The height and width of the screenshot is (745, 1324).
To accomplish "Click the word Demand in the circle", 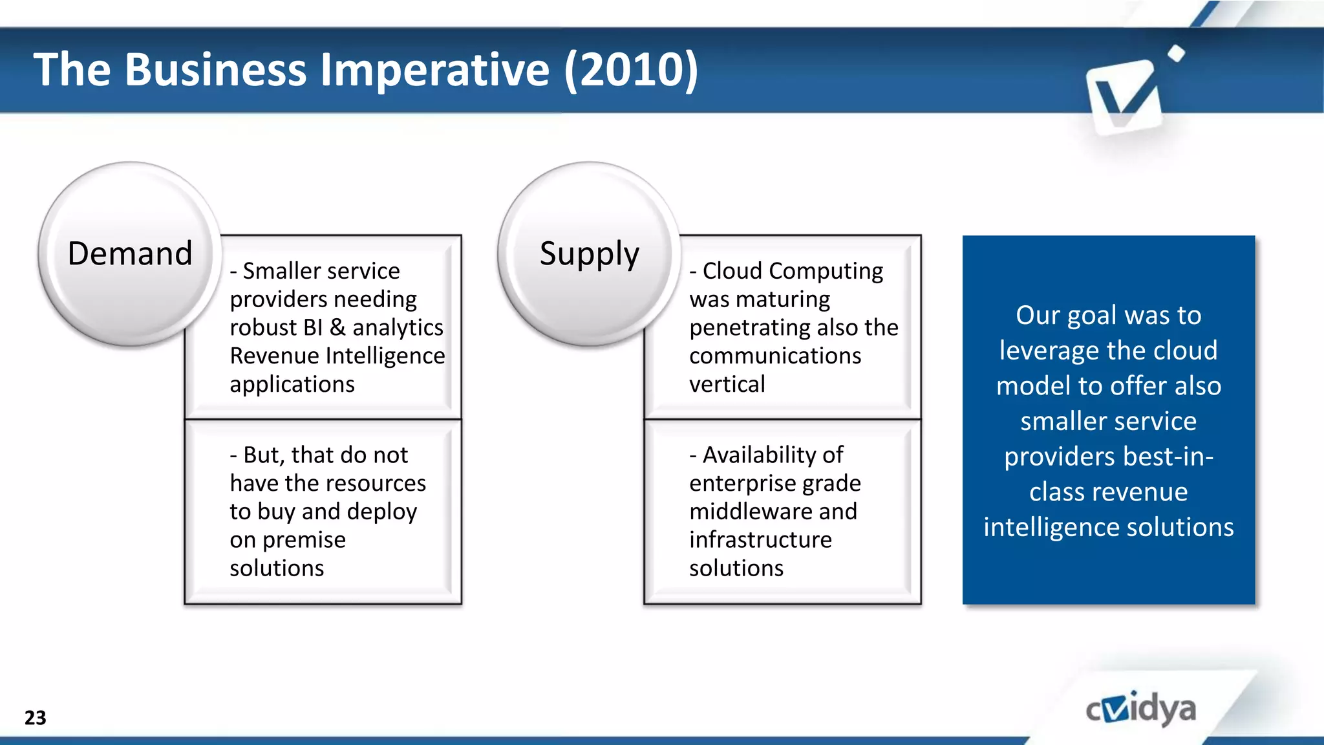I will tap(130, 253).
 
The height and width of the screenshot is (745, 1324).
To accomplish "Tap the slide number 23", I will tap(35, 718).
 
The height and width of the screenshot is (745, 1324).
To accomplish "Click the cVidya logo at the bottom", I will tap(1140, 709).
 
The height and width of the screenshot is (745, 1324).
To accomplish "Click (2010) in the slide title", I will tap(631, 69).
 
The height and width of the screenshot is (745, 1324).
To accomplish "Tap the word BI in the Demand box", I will tap(312, 328).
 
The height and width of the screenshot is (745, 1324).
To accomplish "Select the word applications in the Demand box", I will tap(292, 385).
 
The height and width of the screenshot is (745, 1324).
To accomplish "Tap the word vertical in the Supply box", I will tap(727, 385).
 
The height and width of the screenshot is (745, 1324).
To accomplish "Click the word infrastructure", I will tap(760, 539).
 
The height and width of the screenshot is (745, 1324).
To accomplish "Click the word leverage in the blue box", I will tap(1039, 351).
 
